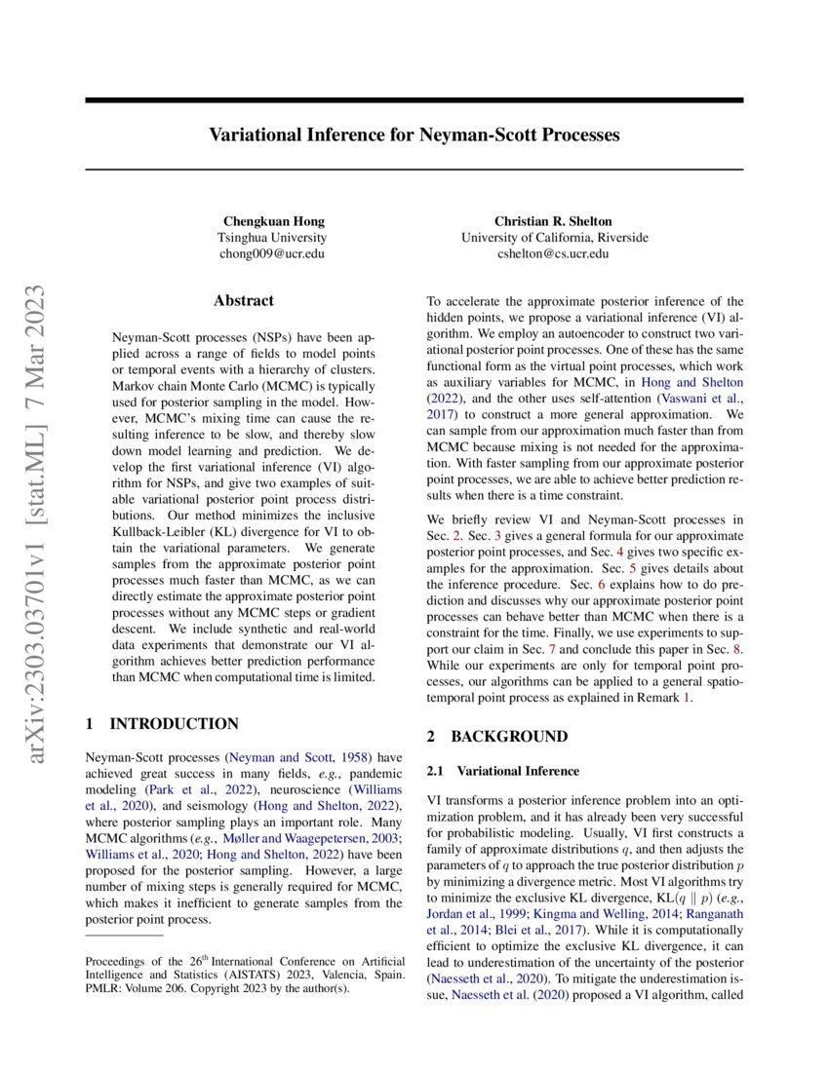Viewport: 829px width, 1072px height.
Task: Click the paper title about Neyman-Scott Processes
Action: pyautogui.click(x=414, y=134)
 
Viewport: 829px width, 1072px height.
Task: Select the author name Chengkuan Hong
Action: pyautogui.click(x=271, y=221)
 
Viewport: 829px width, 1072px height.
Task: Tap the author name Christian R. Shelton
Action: pyautogui.click(x=553, y=221)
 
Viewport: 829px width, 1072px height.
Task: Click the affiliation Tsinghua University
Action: pyautogui.click(x=271, y=238)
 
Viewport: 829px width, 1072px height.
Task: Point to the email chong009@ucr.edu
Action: pyautogui.click(x=271, y=253)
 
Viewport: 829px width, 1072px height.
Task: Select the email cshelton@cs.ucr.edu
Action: pyautogui.click(x=553, y=253)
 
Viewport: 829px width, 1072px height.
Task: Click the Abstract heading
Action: pyautogui.click(x=244, y=301)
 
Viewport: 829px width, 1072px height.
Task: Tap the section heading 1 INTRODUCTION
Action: pyautogui.click(x=162, y=724)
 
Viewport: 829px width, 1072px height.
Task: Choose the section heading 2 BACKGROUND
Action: pyautogui.click(x=496, y=737)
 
